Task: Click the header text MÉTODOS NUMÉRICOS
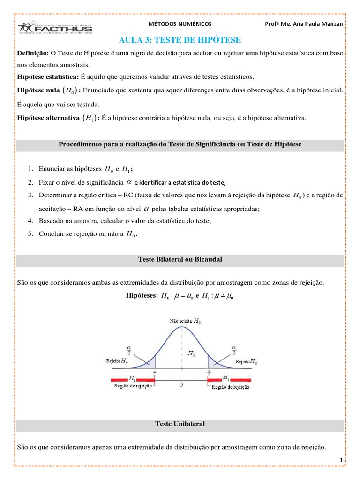(180, 23)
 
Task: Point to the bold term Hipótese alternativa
(48, 118)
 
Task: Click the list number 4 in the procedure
(30, 220)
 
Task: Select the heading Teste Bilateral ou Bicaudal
(180, 259)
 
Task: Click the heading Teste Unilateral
(180, 424)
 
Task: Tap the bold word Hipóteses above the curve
(142, 295)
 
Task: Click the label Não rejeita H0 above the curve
(186, 321)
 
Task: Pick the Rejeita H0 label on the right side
(246, 361)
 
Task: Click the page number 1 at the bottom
(342, 461)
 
